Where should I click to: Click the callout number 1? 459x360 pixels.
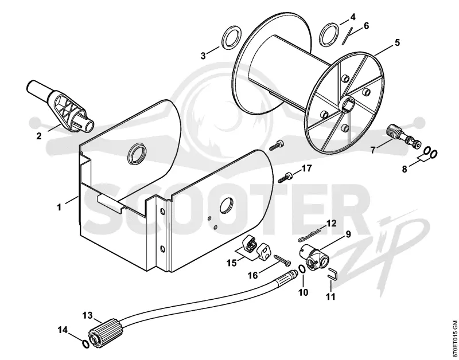(59, 208)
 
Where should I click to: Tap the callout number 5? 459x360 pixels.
(397, 42)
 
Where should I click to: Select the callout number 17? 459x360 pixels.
(307, 169)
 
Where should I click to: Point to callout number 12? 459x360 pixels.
(332, 224)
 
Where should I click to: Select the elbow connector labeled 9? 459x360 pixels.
(314, 256)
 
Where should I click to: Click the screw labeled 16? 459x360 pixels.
(282, 260)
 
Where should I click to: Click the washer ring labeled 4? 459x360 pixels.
(330, 34)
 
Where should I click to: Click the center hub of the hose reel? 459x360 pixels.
(348, 104)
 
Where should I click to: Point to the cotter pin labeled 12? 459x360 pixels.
(309, 236)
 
